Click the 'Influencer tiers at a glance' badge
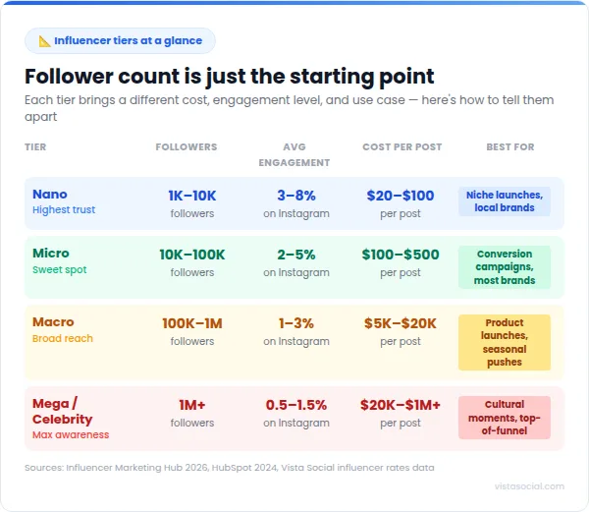[120, 40]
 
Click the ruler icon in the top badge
[44, 40]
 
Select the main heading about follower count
[229, 76]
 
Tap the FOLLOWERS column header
[187, 146]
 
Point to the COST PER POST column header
[402, 146]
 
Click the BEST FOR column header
[510, 146]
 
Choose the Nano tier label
[50, 194]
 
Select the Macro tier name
[53, 321]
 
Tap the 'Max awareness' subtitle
[71, 434]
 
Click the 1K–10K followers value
[192, 195]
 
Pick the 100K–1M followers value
[192, 322]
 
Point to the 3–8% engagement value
[296, 195]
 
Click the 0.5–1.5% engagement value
[296, 405]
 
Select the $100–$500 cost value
[401, 254]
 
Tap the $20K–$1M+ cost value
[401, 405]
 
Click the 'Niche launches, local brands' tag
[505, 200]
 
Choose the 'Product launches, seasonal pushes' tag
[505, 342]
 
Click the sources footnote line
[229, 467]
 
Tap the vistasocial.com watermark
[529, 485]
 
